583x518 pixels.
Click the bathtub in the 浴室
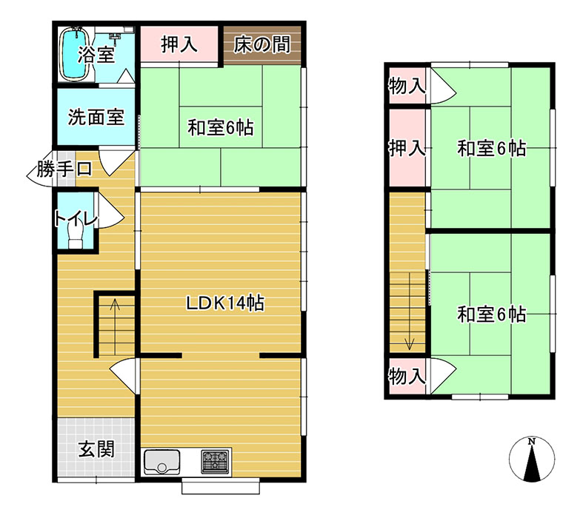[74, 54]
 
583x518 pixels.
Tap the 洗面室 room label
[96, 118]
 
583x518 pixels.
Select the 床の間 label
[261, 45]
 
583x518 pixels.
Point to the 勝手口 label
[64, 169]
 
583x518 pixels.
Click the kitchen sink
[161, 462]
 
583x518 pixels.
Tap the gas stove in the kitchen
[215, 462]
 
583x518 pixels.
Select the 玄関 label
[96, 450]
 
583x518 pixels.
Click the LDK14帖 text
[225, 303]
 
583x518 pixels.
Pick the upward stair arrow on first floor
[115, 327]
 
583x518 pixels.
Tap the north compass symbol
[532, 460]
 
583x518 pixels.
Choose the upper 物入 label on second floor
[407, 87]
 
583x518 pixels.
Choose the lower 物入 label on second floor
[407, 376]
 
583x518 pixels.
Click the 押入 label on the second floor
[407, 149]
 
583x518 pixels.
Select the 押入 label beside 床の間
[179, 44]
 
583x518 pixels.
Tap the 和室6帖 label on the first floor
[221, 128]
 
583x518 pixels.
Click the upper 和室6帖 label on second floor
[492, 149]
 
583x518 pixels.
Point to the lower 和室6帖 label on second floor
[492, 314]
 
